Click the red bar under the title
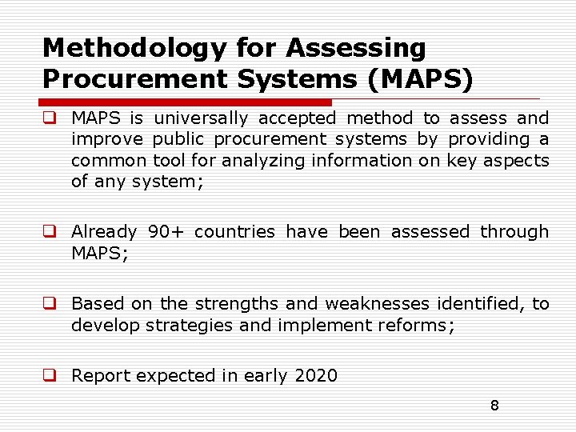point(186,102)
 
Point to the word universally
point(201,118)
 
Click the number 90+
point(166,232)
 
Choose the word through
point(514,232)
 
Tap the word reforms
point(418,326)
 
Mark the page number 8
point(494,406)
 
